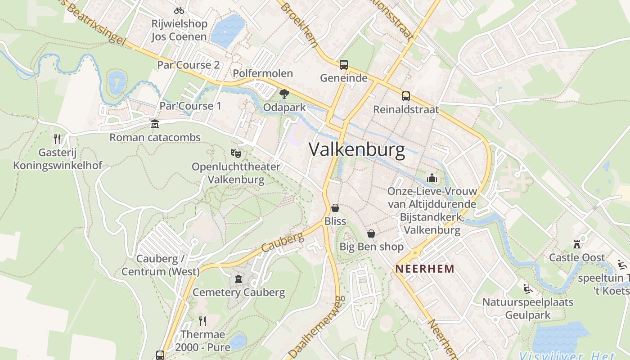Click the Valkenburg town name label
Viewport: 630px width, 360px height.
[357, 149]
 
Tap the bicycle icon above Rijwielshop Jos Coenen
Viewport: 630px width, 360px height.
[179, 10]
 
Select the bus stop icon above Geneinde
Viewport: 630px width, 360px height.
[344, 65]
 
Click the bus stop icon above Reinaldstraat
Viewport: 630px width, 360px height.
[406, 96]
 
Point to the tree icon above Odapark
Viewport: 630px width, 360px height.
[284, 94]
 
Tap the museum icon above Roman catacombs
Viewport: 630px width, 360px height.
[155, 124]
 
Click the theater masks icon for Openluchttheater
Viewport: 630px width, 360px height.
[236, 153]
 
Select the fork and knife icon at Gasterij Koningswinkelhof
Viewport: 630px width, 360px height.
[57, 139]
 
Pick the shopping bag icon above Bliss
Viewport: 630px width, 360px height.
[335, 208]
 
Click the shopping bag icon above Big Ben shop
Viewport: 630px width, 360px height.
[371, 234]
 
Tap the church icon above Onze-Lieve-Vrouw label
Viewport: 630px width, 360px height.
[432, 178]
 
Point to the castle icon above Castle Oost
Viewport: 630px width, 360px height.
[577, 244]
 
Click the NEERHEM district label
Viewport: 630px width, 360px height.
[424, 269]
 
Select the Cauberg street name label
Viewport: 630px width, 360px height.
[283, 243]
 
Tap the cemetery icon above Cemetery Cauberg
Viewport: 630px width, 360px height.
[238, 279]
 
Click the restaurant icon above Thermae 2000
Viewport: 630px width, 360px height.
[202, 321]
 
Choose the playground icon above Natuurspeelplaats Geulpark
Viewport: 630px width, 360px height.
[528, 288]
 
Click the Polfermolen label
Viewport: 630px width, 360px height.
[263, 73]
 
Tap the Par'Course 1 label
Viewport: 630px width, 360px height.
[191, 106]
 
